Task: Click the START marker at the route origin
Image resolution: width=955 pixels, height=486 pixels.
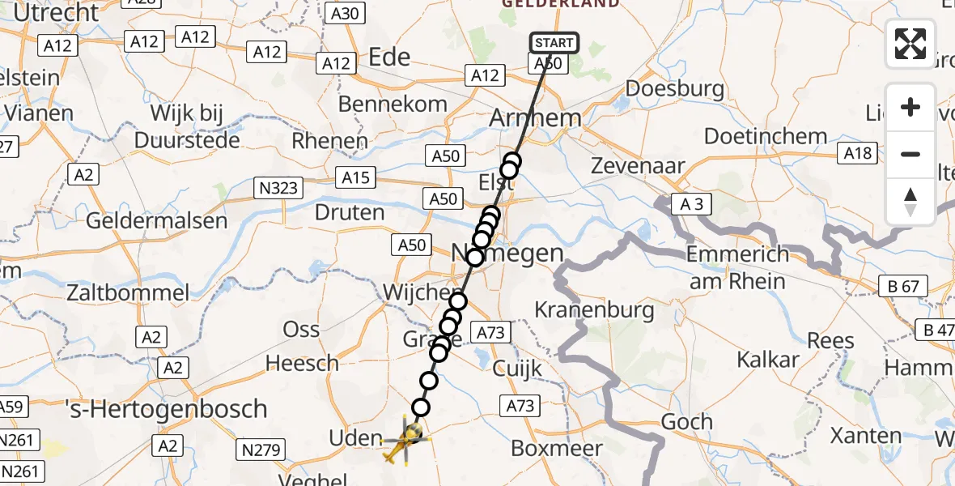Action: coord(554,43)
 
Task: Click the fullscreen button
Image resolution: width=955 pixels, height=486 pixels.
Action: coord(910,44)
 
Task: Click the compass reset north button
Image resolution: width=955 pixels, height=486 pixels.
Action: coord(910,202)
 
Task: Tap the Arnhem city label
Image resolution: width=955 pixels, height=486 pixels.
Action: coord(536,118)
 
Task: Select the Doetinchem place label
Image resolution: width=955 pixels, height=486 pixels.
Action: coord(766,136)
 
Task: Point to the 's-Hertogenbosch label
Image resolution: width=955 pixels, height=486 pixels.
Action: coord(166,409)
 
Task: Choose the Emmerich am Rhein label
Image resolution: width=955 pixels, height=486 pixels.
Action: coord(736,267)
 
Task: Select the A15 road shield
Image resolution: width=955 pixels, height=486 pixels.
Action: coord(355,177)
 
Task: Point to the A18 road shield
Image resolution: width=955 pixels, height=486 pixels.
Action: coord(859,152)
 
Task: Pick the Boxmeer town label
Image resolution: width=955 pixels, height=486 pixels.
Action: coord(558,448)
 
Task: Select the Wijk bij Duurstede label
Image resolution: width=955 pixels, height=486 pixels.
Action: coord(175,126)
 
